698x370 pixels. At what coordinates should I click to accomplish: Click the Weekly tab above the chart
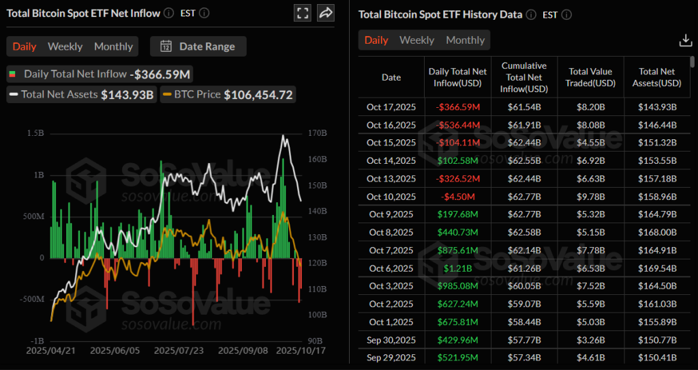pyautogui.click(x=65, y=46)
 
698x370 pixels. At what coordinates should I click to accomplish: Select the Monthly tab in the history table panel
pyautogui.click(x=465, y=40)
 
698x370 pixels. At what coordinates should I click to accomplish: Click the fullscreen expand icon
pyautogui.click(x=303, y=13)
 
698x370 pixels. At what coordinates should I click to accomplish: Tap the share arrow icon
pyautogui.click(x=326, y=13)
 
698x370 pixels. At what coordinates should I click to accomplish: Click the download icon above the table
pyautogui.click(x=686, y=41)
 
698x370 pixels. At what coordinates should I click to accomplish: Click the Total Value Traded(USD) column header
pyautogui.click(x=590, y=77)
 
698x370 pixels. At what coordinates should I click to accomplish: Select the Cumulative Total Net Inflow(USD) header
pyautogui.click(x=523, y=77)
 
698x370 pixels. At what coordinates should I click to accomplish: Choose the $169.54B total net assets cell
pyautogui.click(x=656, y=268)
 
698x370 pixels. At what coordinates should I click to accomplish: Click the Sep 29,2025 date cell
pyautogui.click(x=391, y=358)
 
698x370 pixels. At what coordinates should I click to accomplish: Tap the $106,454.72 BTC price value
pyautogui.click(x=258, y=95)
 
